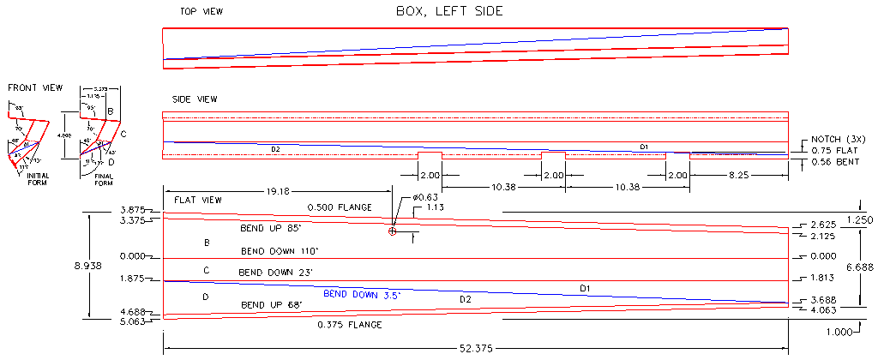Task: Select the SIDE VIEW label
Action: click(195, 99)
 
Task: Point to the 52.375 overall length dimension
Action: click(476, 349)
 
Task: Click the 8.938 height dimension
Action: click(89, 267)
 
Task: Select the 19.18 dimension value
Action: click(277, 191)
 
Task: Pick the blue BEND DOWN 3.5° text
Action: click(362, 293)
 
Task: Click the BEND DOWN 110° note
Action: click(279, 251)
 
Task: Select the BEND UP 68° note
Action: click(274, 304)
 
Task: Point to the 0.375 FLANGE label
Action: click(349, 325)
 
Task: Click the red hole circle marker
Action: click(392, 231)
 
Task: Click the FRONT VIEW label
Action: click(33, 88)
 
